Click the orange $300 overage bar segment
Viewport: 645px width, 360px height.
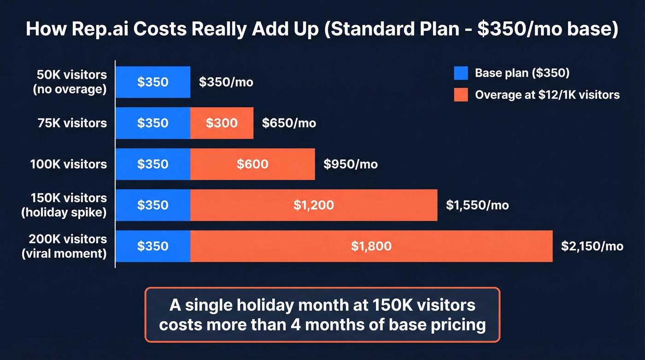(x=222, y=123)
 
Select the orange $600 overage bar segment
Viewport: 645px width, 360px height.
(x=252, y=164)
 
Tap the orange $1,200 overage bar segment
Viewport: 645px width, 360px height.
(x=314, y=205)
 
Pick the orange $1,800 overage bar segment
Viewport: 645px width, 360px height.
(x=371, y=246)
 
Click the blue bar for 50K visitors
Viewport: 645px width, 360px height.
(x=152, y=82)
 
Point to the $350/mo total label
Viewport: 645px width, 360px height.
(x=226, y=83)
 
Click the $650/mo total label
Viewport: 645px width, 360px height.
(x=289, y=124)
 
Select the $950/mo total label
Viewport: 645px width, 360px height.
(x=350, y=165)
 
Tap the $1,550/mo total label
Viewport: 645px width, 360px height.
(x=477, y=206)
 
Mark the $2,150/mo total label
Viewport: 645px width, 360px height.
(x=592, y=247)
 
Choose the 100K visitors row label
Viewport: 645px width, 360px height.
(x=69, y=164)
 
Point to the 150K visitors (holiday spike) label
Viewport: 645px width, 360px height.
(x=69, y=205)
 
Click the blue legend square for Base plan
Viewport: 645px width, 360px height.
(x=461, y=73)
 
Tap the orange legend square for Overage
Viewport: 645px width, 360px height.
(x=461, y=95)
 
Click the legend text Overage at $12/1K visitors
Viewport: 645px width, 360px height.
(x=547, y=95)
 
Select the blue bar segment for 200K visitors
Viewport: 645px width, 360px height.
(x=152, y=246)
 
